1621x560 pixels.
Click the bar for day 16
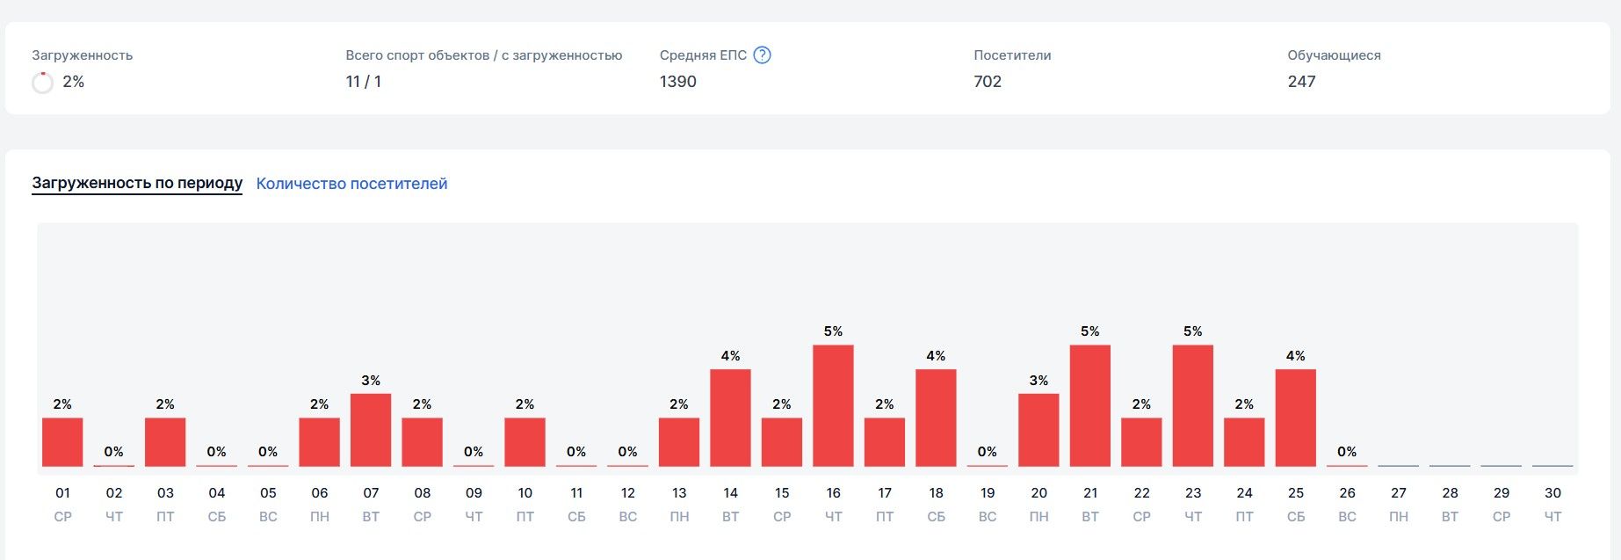click(833, 405)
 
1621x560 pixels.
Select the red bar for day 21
click(1089, 405)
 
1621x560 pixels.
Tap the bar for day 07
click(371, 430)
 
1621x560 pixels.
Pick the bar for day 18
click(936, 418)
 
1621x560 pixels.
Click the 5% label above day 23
click(1192, 331)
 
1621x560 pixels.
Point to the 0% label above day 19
click(987, 452)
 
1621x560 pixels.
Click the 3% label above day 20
click(1038, 381)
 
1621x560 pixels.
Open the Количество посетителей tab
click(351, 184)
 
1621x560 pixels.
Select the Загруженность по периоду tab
click(137, 183)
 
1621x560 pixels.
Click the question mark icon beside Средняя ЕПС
click(763, 55)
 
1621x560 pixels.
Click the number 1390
click(678, 82)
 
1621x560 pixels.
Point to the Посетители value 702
click(988, 82)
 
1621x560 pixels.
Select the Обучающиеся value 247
click(1301, 82)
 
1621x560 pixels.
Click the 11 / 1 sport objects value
click(364, 82)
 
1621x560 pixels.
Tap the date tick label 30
click(1552, 493)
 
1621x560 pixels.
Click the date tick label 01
click(62, 493)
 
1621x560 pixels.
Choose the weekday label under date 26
click(1347, 517)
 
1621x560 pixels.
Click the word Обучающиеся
click(1334, 55)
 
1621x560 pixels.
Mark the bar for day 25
click(1295, 418)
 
